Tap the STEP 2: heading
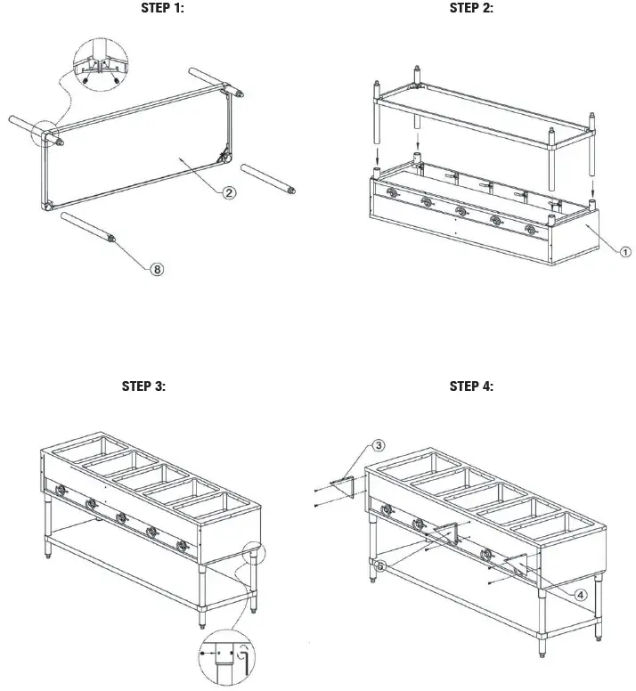pos(471,9)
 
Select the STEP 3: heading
pos(143,386)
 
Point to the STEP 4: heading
pos(471,386)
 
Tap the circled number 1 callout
pos(625,252)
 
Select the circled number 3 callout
pos(378,444)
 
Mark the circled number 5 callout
pos(380,565)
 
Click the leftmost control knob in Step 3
pos(59,489)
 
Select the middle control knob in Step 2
pos(461,211)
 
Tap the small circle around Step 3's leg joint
pos(252,554)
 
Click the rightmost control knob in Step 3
pos(182,545)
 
